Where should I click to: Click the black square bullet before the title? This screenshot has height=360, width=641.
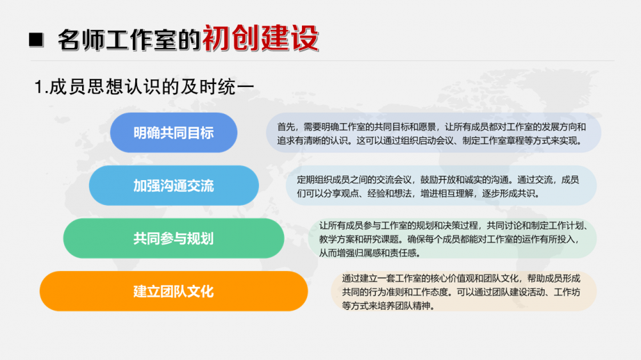(x=36, y=40)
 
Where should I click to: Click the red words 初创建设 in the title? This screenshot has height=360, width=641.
(x=260, y=38)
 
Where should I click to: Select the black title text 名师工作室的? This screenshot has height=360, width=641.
(x=129, y=40)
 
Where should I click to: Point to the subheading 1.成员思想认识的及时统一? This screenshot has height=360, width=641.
(x=144, y=87)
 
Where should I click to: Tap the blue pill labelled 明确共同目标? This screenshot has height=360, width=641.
(x=174, y=133)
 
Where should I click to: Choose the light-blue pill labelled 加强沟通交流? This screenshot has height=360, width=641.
(x=174, y=186)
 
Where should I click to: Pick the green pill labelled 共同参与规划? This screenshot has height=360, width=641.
(x=174, y=238)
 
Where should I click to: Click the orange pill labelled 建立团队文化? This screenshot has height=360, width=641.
(x=174, y=291)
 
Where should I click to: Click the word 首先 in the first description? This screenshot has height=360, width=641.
(x=286, y=127)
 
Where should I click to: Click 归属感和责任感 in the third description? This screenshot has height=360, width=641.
(x=390, y=254)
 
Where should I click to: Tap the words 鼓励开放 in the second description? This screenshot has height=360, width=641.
(x=438, y=180)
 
